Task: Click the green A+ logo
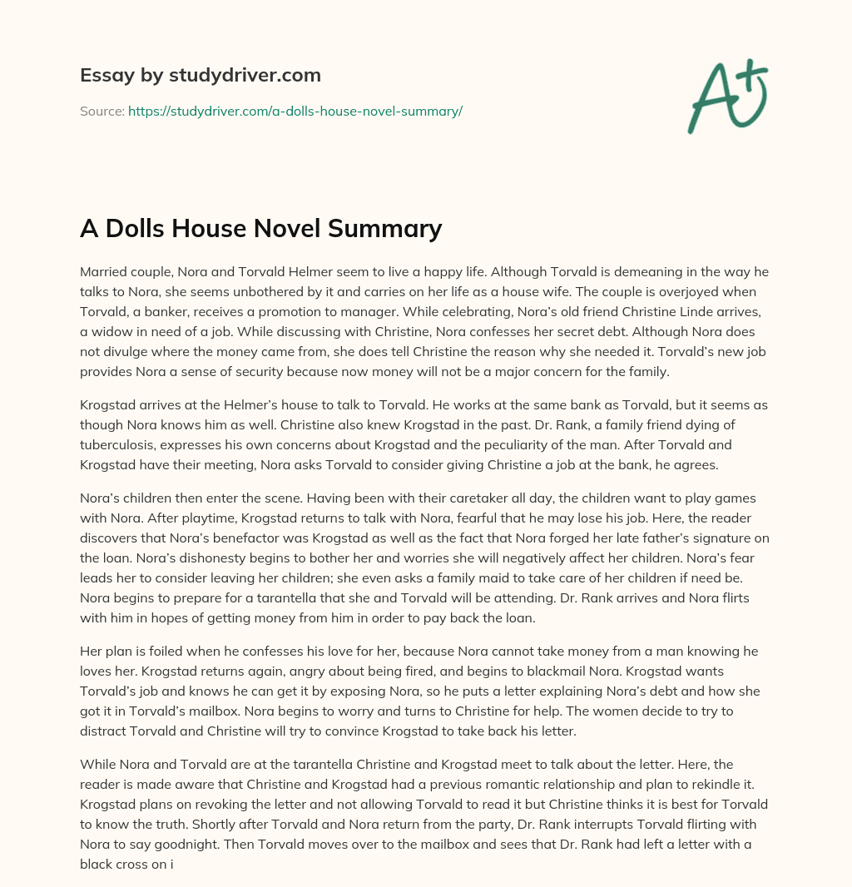727,97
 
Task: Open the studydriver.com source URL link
295,111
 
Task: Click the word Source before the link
102,111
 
